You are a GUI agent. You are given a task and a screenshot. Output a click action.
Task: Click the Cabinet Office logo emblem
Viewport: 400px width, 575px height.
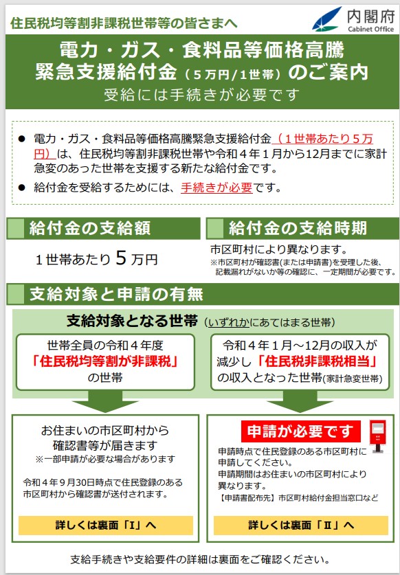tap(326, 19)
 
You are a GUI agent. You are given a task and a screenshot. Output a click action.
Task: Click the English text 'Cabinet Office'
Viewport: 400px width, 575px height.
tap(370, 29)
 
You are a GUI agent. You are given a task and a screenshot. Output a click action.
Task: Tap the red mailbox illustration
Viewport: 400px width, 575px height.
tap(377, 436)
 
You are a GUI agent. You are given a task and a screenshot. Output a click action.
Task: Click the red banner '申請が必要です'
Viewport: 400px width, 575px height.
tap(300, 431)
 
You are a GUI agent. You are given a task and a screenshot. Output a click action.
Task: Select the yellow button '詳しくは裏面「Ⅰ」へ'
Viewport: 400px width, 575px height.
tap(106, 525)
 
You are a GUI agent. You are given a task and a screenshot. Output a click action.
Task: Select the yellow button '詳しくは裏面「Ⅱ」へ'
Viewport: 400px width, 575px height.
tap(301, 525)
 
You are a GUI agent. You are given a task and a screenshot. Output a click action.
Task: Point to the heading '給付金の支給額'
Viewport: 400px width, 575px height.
tap(90, 228)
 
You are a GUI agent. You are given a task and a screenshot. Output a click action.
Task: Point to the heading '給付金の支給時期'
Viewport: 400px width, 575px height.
tap(298, 228)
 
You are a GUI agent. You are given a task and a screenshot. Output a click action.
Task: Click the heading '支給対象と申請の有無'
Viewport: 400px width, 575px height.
tap(116, 294)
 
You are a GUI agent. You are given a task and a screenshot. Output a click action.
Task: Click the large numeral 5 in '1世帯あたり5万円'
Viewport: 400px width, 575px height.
tap(121, 258)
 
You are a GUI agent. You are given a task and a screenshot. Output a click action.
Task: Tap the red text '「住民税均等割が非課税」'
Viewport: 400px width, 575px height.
tap(105, 361)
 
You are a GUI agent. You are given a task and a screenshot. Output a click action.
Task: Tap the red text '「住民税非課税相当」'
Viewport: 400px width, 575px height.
tap(318, 361)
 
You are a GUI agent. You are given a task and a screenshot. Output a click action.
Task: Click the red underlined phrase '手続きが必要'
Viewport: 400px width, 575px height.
tap(216, 188)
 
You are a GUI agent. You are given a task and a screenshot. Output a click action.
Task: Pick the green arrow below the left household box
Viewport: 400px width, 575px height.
tap(105, 401)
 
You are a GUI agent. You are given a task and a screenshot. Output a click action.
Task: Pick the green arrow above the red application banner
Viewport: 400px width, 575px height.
tap(300, 401)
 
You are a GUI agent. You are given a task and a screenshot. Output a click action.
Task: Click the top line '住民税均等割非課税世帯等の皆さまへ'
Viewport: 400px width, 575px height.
tap(124, 23)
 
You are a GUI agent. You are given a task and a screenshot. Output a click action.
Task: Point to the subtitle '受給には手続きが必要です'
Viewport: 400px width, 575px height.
tap(202, 95)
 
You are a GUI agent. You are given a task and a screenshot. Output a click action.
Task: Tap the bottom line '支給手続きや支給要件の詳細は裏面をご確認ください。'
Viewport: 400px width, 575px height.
tap(200, 560)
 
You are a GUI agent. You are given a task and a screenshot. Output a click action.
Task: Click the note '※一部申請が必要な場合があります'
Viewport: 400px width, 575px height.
tap(105, 459)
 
